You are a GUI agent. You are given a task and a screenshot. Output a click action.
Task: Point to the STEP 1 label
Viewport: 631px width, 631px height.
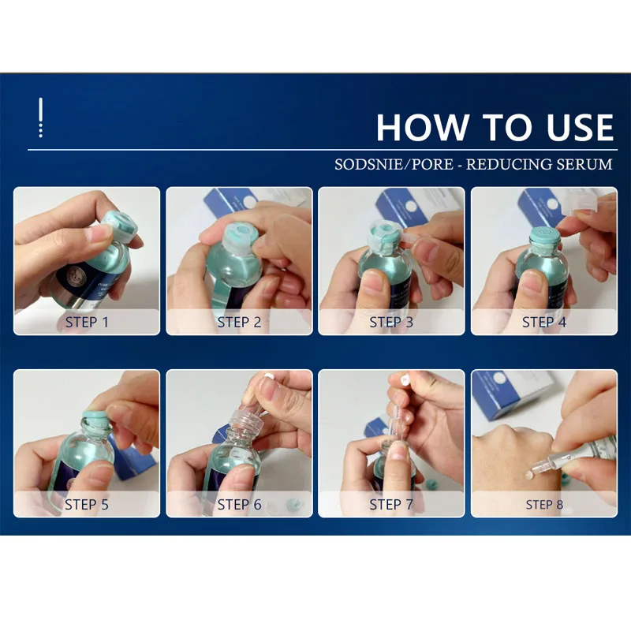87,323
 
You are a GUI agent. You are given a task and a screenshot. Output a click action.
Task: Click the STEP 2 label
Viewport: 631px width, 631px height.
240,323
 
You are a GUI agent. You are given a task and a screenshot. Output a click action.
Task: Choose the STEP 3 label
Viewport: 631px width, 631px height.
391,323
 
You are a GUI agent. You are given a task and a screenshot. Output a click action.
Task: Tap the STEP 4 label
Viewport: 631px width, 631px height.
544,323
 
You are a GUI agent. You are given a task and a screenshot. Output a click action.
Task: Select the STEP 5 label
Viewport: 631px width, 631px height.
87,505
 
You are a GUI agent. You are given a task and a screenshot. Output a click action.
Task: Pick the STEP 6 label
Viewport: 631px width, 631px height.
240,505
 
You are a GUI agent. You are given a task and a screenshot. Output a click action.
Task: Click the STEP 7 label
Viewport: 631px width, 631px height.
391,505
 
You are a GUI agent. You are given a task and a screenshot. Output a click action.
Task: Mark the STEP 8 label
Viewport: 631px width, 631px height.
544,505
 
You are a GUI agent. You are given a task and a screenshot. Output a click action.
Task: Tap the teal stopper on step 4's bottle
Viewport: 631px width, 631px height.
544,237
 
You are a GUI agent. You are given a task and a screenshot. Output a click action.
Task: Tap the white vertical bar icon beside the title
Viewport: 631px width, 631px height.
41,118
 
